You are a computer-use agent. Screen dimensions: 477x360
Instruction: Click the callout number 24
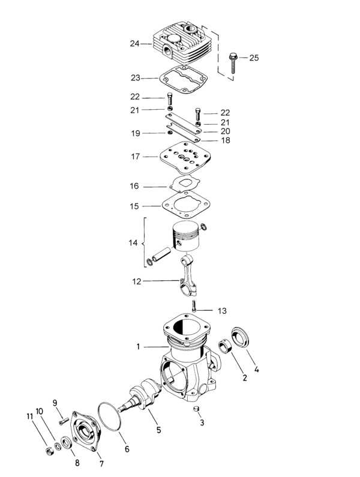coord(134,43)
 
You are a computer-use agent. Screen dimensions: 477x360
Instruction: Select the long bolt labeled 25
coord(233,65)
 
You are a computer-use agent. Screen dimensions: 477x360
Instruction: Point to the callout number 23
coord(134,78)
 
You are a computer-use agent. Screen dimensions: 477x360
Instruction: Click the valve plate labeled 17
coord(184,157)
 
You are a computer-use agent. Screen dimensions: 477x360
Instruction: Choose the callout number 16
coord(134,186)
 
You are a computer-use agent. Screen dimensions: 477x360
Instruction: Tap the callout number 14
coord(133,243)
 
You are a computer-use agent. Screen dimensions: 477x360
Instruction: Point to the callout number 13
coord(222,311)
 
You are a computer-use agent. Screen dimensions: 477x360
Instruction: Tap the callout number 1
coord(138,347)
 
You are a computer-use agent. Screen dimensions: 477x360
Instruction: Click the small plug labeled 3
coord(195,409)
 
